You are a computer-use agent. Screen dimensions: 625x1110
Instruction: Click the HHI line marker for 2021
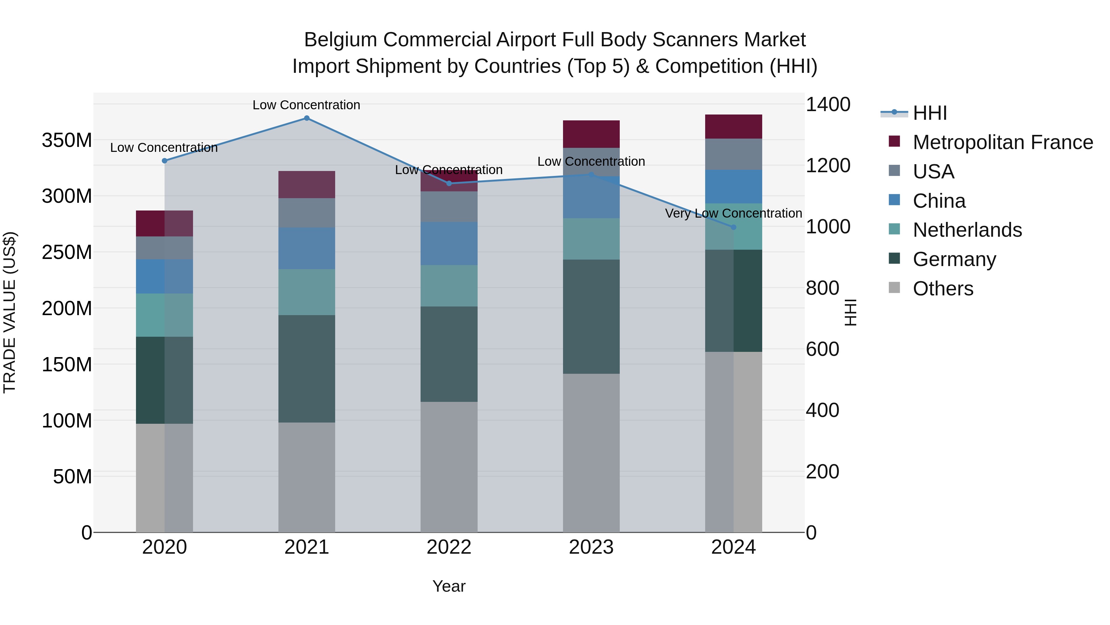[x=307, y=118]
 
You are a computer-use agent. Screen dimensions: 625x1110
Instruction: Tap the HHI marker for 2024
[x=734, y=227]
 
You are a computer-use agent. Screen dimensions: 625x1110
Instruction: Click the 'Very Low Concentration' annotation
[x=734, y=214]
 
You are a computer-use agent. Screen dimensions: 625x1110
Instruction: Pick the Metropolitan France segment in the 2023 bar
[x=591, y=134]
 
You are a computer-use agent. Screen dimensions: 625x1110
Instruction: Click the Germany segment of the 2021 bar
[x=307, y=369]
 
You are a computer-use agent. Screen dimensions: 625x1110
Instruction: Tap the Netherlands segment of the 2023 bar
[x=591, y=239]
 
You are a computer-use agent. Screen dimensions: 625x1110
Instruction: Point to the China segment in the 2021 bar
[x=307, y=248]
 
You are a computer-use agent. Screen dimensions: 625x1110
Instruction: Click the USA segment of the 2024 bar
[x=734, y=154]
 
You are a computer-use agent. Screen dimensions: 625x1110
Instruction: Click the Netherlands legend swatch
[x=894, y=229]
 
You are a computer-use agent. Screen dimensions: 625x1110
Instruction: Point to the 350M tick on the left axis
[x=67, y=141]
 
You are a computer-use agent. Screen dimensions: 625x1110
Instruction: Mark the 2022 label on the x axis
[x=449, y=547]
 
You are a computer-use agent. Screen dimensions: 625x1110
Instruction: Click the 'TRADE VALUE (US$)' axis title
[x=10, y=312]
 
